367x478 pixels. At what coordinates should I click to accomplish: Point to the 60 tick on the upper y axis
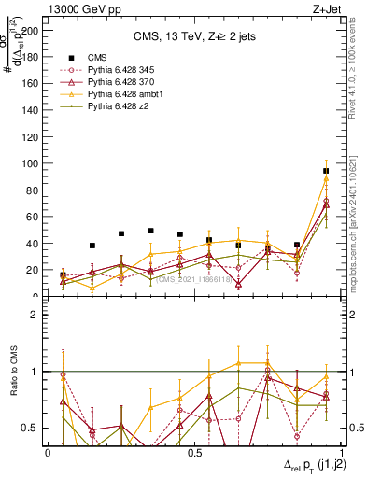35,217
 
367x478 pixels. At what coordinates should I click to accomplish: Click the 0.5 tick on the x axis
194,452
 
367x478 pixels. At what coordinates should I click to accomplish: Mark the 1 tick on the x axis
340,452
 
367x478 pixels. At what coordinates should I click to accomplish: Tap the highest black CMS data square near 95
326,171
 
